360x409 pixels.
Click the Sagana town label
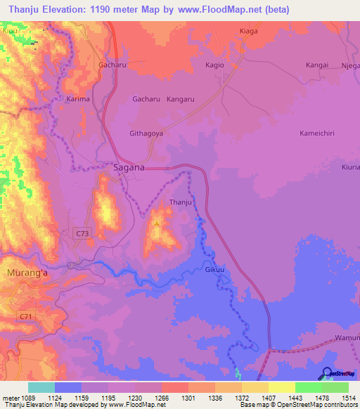[x=129, y=167]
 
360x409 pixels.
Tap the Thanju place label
[x=181, y=203]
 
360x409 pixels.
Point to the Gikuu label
[x=214, y=270]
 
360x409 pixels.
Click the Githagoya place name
[x=146, y=133]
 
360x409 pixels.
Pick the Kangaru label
[x=181, y=100]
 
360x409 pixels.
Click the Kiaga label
[x=249, y=32]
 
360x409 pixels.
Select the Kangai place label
[x=316, y=65]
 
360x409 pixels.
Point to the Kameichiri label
[x=321, y=133]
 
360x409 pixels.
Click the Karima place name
[x=78, y=100]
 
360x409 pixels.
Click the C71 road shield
[x=27, y=318]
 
